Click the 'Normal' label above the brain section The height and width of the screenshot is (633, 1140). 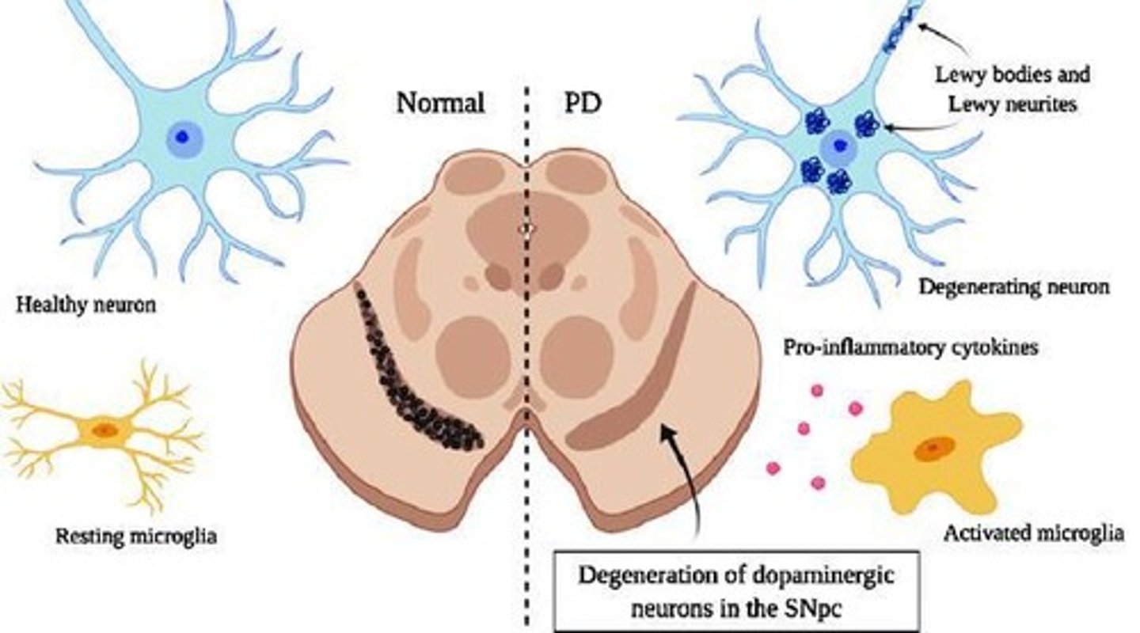(440, 104)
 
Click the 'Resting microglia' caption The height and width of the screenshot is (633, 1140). (136, 536)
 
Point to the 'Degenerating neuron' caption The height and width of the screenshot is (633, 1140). (1013, 286)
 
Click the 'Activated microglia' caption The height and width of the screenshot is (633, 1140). (1033, 533)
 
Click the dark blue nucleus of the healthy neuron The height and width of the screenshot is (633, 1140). (183, 137)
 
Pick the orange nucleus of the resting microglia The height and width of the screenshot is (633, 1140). (104, 430)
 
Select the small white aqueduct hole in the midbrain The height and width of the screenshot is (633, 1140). (522, 226)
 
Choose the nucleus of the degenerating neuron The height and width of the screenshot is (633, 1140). (836, 147)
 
